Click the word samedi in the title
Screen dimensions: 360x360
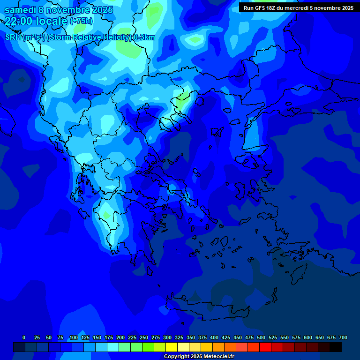[x=20, y=10]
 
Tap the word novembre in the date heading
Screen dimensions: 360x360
[x=66, y=10]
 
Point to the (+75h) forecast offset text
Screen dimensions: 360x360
[x=81, y=21]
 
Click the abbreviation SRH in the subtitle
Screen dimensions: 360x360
[x=13, y=37]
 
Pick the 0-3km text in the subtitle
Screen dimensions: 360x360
[x=144, y=37]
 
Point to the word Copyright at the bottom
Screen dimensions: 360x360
[x=177, y=357]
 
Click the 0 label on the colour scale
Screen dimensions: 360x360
[x=24, y=337]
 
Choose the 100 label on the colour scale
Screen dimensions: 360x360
[x=74, y=337]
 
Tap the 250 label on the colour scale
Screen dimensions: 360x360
[x=144, y=337]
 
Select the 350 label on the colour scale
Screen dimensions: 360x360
[x=191, y=337]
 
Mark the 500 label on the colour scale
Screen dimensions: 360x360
[x=261, y=337]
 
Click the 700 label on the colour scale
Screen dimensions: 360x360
[x=343, y=337]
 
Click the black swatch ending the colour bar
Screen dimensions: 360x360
[x=336, y=347]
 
